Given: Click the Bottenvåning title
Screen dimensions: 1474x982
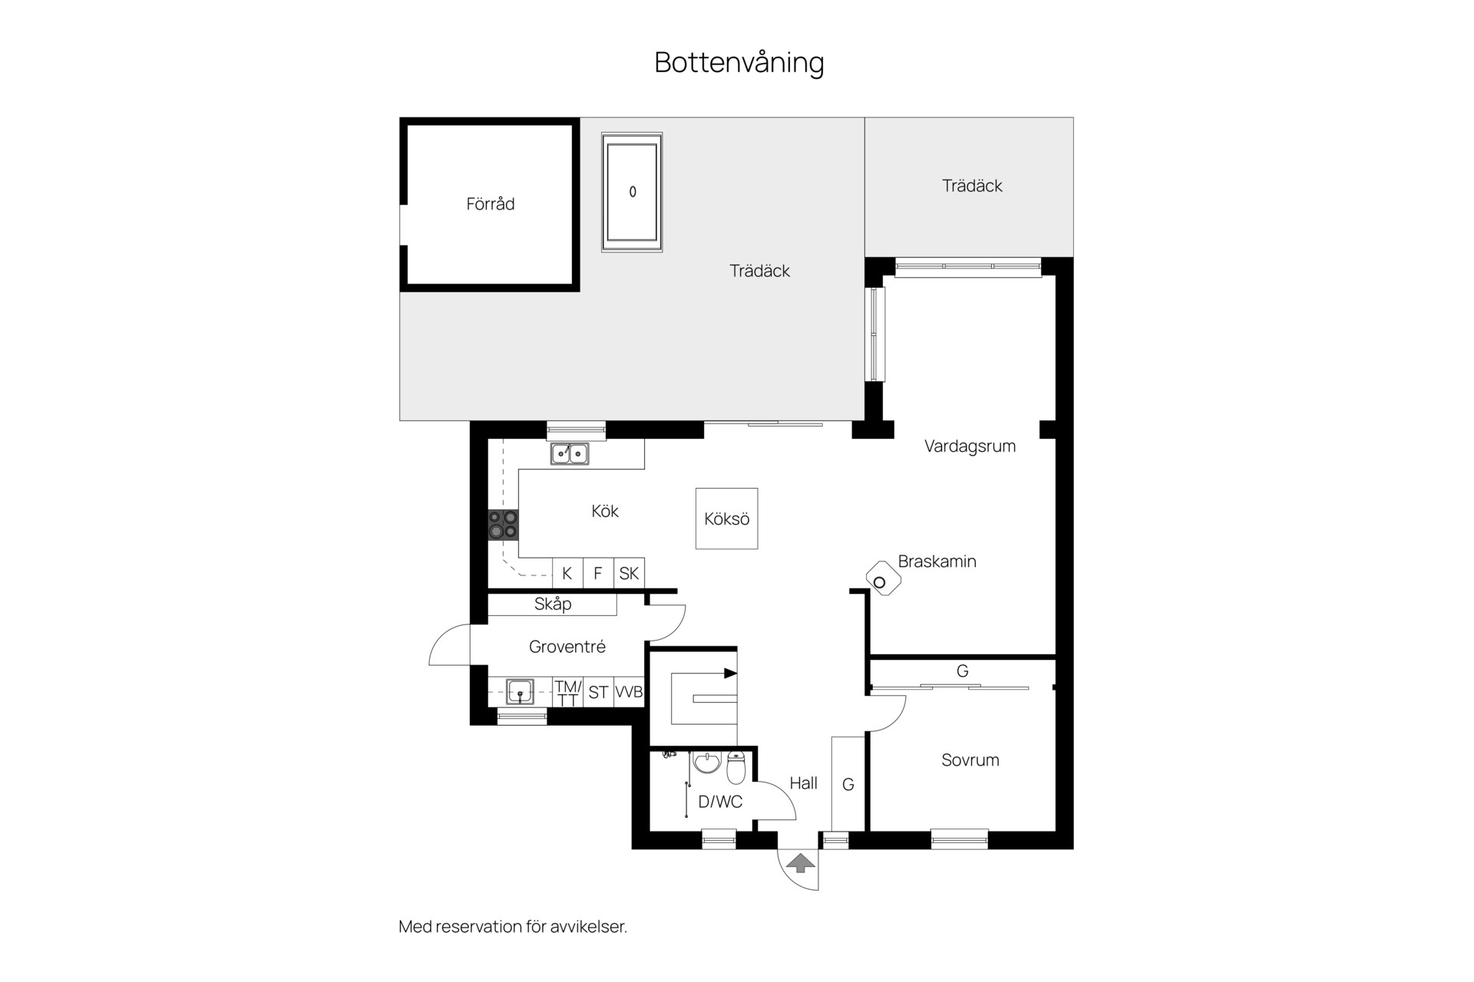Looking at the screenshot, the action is pos(739,63).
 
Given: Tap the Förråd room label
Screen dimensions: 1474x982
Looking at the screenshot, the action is pos(491,204).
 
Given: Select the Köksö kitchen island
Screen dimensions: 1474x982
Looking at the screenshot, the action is pos(726,519).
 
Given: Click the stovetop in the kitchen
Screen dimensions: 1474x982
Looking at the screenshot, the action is pos(504,525).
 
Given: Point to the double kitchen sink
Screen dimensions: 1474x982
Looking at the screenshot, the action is pos(570,454).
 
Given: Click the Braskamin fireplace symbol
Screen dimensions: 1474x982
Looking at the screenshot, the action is pos(882,580).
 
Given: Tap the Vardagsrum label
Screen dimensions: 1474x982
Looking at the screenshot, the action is pos(970,447).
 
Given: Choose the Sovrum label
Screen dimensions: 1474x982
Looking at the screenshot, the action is pos(970,760).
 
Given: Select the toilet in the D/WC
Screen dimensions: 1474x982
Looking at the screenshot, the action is pos(735,769).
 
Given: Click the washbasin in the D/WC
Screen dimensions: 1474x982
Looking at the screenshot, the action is pos(706,763).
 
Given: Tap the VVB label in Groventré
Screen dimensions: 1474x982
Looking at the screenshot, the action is pos(629,692).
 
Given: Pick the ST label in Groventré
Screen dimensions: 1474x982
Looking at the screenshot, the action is pos(598,693).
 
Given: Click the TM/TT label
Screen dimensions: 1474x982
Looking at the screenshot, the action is pos(568,693).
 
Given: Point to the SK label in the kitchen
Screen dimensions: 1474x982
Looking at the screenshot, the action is pos(629,573).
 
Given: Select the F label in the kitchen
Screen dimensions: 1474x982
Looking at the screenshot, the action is pos(598,573).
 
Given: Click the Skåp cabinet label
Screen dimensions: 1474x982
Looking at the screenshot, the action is pos(553,605).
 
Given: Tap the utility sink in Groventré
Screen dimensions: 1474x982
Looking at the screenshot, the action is pos(520,691).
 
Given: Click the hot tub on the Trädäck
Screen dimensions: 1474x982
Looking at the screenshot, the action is pos(632,193).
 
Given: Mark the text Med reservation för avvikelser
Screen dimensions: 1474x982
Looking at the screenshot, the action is pos(513,927).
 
